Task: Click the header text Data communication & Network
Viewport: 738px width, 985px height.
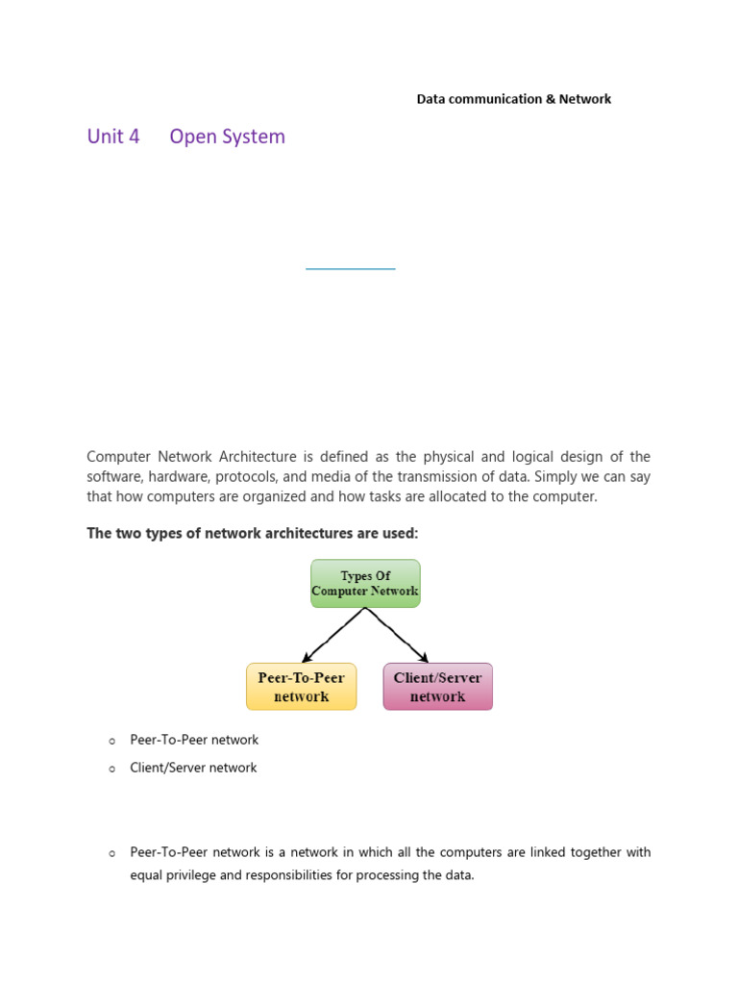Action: [513, 99]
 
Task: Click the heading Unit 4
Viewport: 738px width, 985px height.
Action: [113, 137]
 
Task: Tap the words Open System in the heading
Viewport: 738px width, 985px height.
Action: [227, 137]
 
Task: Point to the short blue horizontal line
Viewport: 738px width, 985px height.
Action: [350, 269]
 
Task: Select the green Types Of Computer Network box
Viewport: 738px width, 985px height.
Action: [365, 583]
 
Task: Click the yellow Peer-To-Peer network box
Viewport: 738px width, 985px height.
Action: [301, 687]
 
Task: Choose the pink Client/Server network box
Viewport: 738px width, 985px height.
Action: [437, 687]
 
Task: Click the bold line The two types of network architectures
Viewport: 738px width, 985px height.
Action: [253, 533]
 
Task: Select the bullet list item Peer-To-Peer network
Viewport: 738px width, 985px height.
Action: [194, 740]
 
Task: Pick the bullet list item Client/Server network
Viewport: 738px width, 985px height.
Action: [193, 768]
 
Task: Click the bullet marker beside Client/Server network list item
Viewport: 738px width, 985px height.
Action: [111, 769]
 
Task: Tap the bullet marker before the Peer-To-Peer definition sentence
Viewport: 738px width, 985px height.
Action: [111, 853]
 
